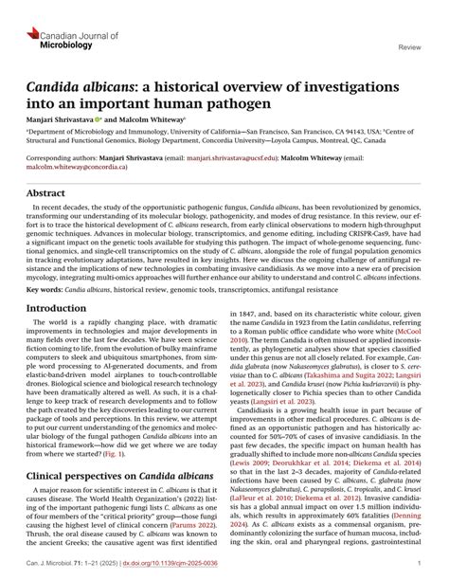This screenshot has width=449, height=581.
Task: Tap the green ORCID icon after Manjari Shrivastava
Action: point(98,120)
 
